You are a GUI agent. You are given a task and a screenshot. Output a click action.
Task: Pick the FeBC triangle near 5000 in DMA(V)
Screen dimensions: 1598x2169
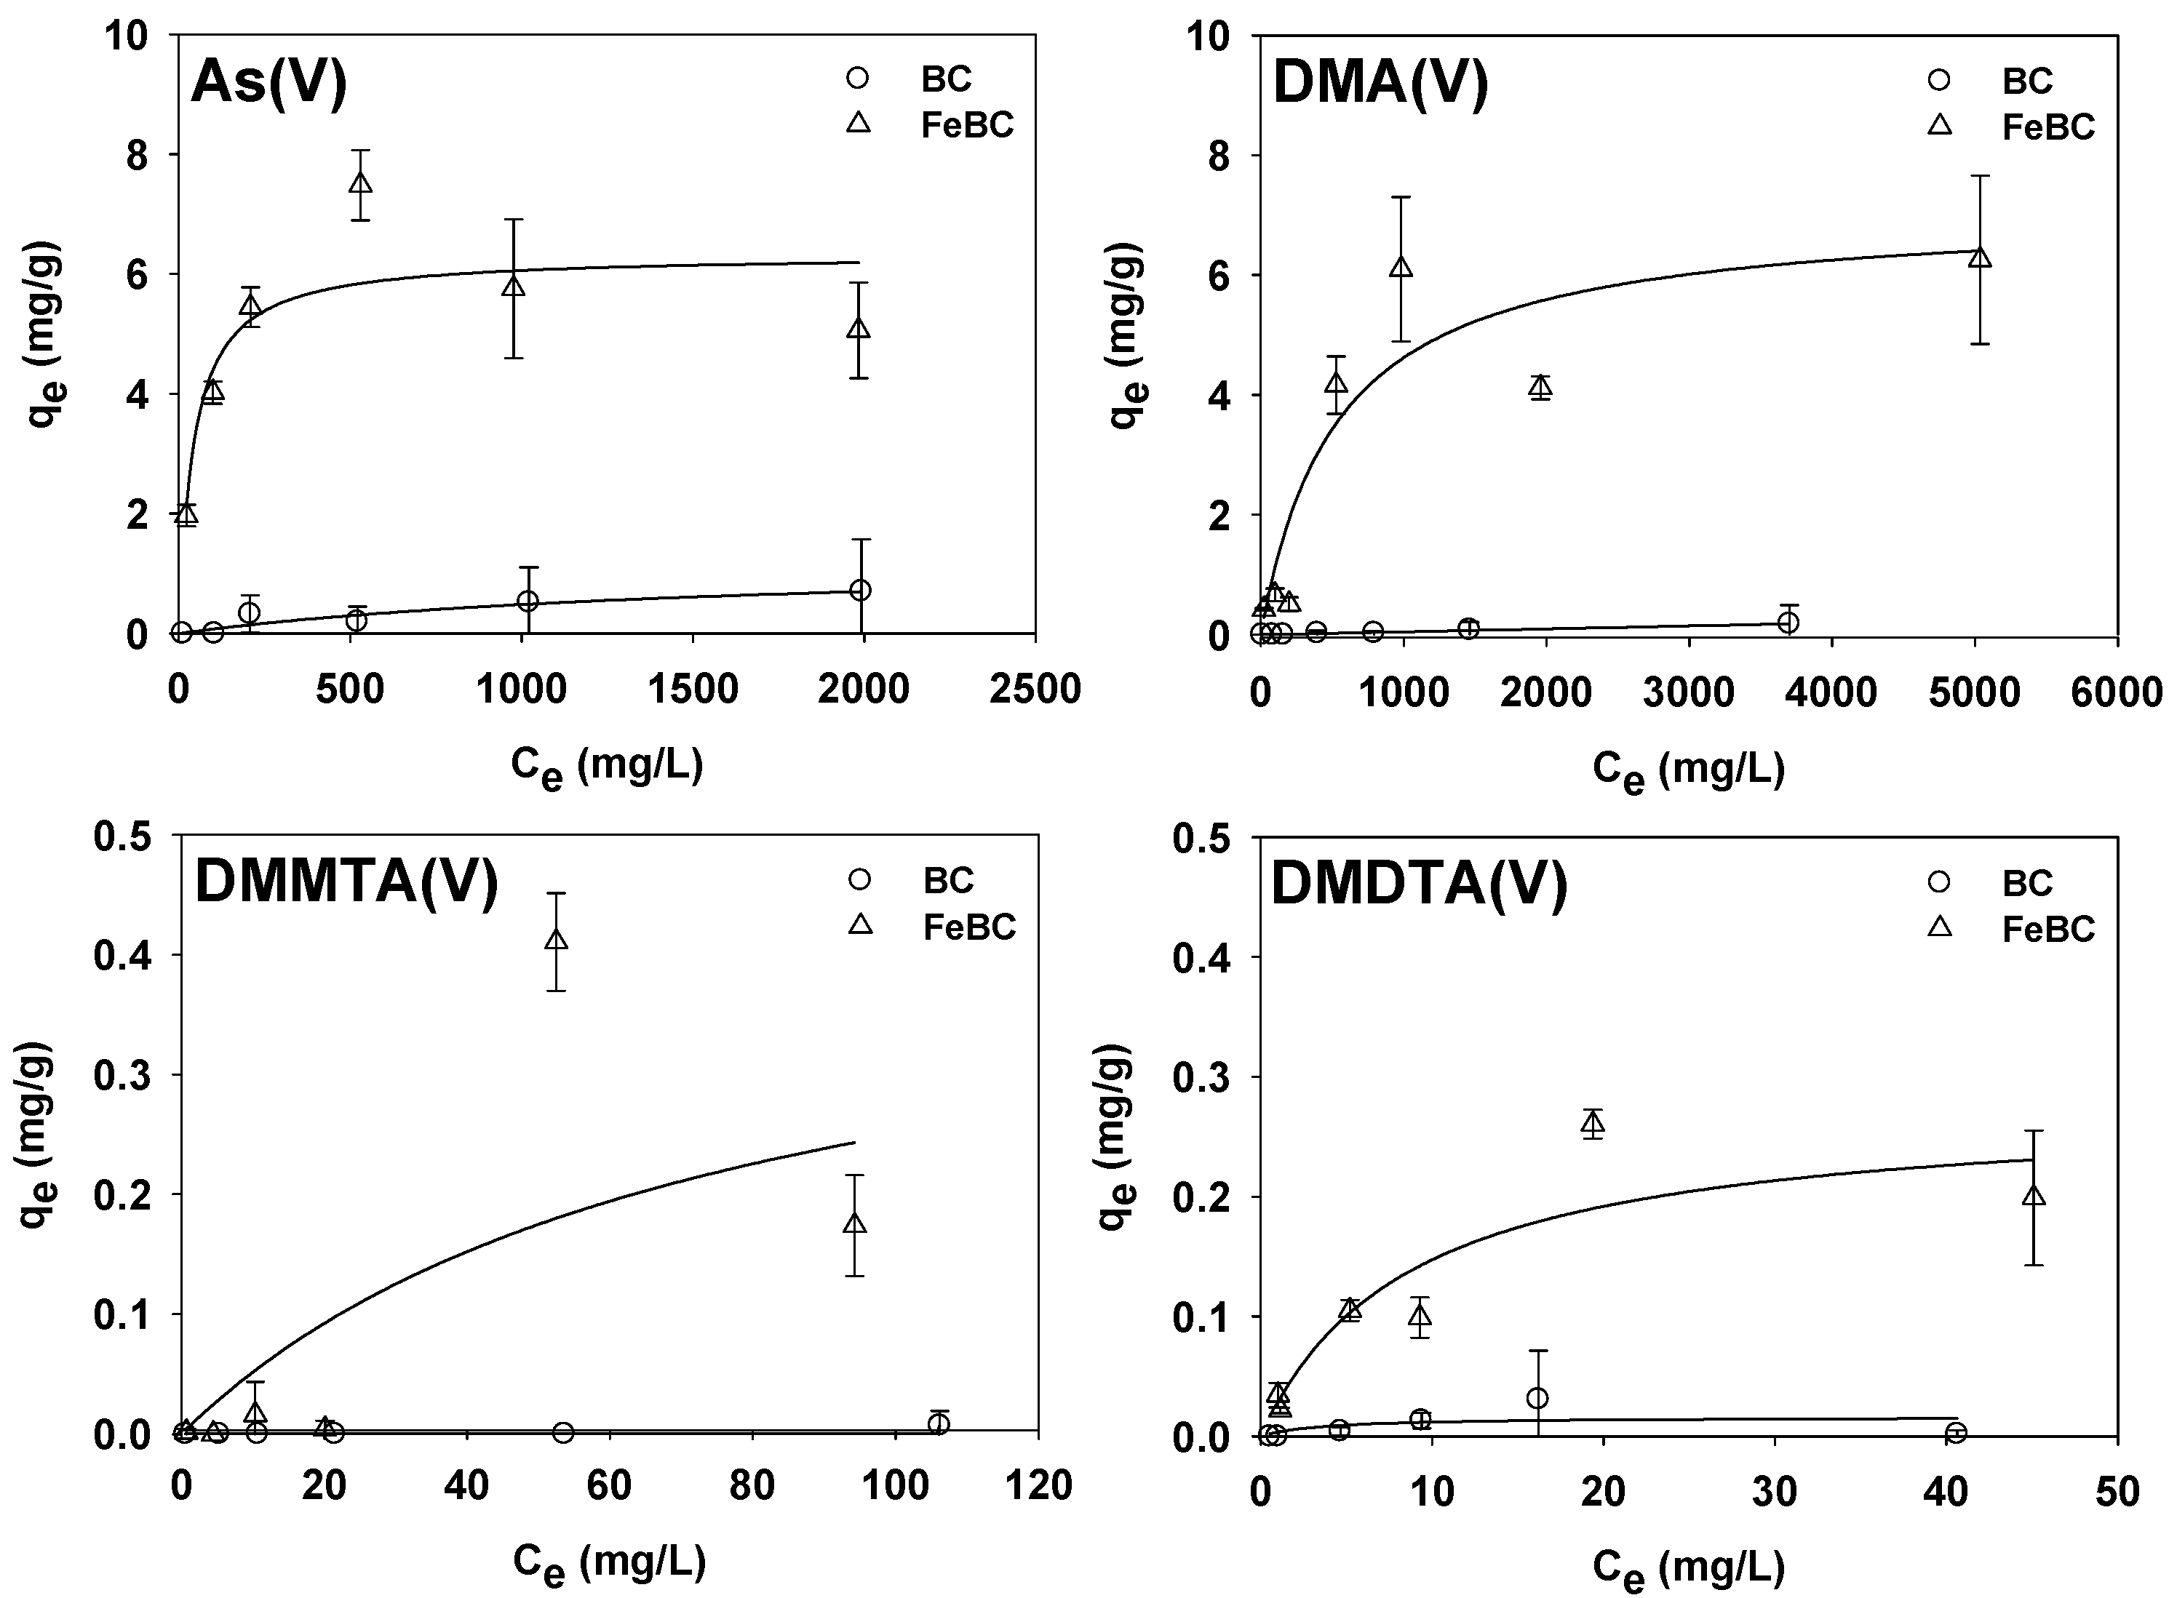click(x=1979, y=257)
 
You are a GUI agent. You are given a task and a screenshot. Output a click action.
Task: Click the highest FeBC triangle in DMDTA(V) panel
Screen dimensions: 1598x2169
click(x=1593, y=1123)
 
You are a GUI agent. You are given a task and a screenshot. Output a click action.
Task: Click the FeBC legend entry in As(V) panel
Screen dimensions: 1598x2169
click(x=966, y=125)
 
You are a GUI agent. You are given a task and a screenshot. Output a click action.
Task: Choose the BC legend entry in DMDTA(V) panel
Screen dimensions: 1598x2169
click(x=2027, y=882)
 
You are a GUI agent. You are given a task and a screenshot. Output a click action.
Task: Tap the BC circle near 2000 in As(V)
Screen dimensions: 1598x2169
click(x=860, y=590)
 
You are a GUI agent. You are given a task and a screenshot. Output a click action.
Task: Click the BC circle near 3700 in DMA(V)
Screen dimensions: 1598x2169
click(x=1788, y=622)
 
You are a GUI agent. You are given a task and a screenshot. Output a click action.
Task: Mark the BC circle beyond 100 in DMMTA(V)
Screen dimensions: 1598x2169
click(x=937, y=1423)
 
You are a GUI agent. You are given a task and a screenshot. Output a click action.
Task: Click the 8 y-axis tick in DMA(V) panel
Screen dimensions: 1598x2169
click(x=1226, y=156)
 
